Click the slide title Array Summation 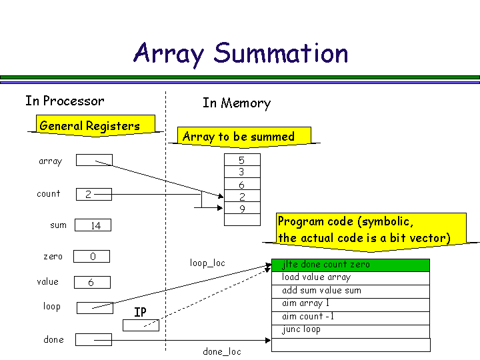pos(241,53)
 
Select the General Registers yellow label pos(90,126)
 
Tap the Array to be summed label pos(238,137)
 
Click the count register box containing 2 pos(93,194)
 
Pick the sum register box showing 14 pos(93,225)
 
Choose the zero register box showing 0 pos(92,257)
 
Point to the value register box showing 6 pos(92,283)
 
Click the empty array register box pos(94,160)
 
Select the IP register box pos(141,325)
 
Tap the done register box pos(93,339)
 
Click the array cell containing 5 pos(242,160)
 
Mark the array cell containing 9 pos(242,209)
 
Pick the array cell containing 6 pos(242,185)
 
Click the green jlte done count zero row pos(351,265)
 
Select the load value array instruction pos(351,277)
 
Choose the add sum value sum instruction pos(351,291)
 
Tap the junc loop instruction pos(351,330)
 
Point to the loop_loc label pos(207,263)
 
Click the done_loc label pos(222,351)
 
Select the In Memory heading pos(237,103)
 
